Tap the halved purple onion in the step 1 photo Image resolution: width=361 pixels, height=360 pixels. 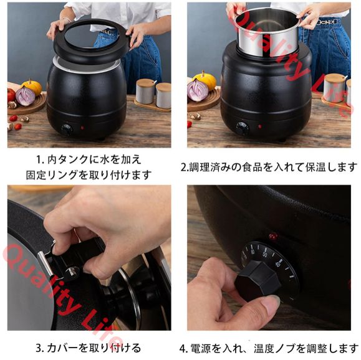click(x=26, y=95)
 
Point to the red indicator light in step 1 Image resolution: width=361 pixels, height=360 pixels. click(x=82, y=128)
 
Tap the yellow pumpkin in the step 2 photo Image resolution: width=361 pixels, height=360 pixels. click(x=205, y=80)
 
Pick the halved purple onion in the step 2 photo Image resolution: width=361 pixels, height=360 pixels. click(x=198, y=91)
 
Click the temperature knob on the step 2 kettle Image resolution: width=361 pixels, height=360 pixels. click(x=242, y=128)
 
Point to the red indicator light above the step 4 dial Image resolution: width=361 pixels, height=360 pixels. click(x=272, y=237)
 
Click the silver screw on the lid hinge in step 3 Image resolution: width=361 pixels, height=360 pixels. click(x=73, y=272)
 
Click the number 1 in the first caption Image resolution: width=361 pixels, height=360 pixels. click(x=39, y=159)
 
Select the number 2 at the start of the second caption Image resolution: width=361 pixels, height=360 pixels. click(x=184, y=167)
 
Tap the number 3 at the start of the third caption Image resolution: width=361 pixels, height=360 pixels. click(x=39, y=348)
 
